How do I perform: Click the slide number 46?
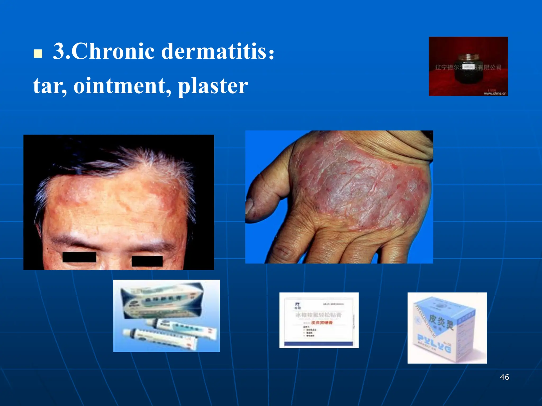click(x=504, y=377)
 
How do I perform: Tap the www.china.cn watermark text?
click(x=495, y=93)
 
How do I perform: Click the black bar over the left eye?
click(x=79, y=257)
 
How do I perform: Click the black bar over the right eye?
click(x=147, y=261)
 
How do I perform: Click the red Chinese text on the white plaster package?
click(x=322, y=323)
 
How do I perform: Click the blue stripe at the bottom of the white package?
click(x=318, y=344)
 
